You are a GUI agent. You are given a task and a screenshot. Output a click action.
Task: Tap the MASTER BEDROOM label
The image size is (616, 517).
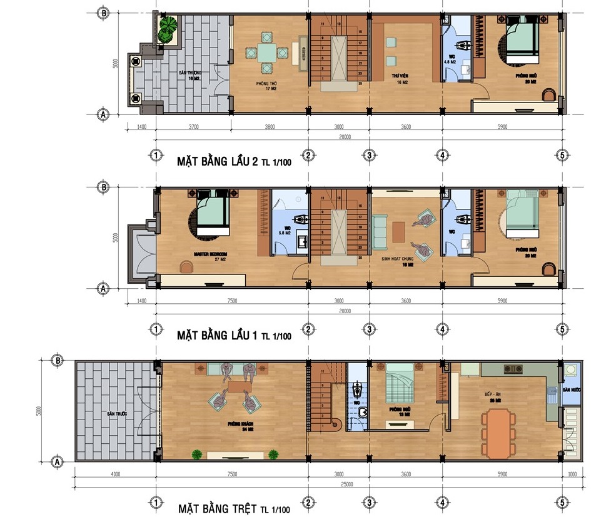[x=211, y=254]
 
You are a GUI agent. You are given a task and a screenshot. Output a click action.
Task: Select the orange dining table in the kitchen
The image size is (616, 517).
[x=498, y=433]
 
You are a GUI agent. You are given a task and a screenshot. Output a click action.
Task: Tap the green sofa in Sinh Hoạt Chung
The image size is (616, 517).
[x=380, y=228]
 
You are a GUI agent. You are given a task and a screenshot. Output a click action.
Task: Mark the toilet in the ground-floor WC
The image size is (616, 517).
[x=357, y=391]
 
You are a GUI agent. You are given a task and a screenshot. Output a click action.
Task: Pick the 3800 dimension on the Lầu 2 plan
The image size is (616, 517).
[x=269, y=128]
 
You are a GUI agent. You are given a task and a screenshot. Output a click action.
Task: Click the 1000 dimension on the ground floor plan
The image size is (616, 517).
[x=571, y=474]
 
